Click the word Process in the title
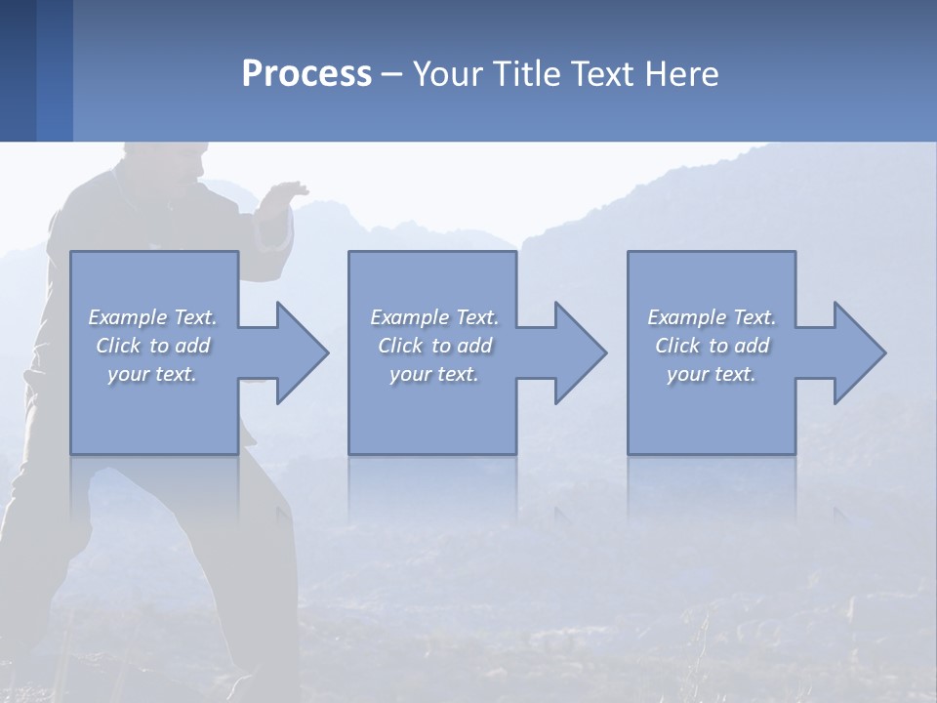click(306, 74)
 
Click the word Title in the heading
click(525, 74)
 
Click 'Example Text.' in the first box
click(152, 317)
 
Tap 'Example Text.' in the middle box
click(433, 317)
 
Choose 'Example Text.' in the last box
click(711, 317)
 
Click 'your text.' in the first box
click(152, 374)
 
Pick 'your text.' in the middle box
click(433, 374)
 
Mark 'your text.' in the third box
click(711, 374)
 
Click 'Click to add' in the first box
click(152, 346)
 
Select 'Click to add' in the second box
click(433, 346)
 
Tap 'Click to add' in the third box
click(711, 346)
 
